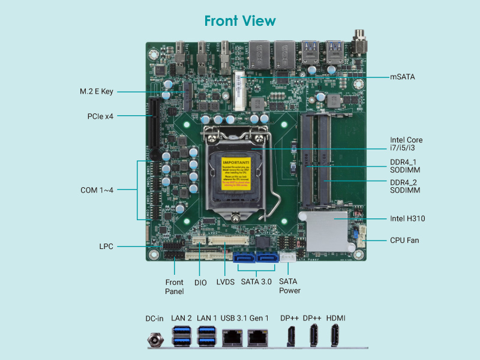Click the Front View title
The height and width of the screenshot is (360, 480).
coord(240,21)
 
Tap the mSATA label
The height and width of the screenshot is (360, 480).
coord(403,77)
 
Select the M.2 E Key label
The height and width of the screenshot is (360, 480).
coord(97,92)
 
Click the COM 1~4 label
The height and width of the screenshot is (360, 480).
coord(97,190)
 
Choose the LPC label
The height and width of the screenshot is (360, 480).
coord(106,246)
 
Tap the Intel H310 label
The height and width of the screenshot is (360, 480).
coord(407,218)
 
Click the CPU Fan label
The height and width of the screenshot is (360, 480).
coord(404,240)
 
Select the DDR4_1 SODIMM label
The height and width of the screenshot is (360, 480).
coord(405,166)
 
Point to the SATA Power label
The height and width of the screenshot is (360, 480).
coord(290,286)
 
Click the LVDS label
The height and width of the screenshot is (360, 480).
coord(225,281)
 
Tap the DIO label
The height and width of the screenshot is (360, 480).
coord(200,281)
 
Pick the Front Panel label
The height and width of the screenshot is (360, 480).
coord(175,286)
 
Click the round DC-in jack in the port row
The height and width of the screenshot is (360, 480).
coord(155,340)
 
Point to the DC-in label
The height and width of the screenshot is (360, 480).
coord(155,318)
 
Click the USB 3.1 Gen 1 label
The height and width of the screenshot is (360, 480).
coord(245,318)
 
